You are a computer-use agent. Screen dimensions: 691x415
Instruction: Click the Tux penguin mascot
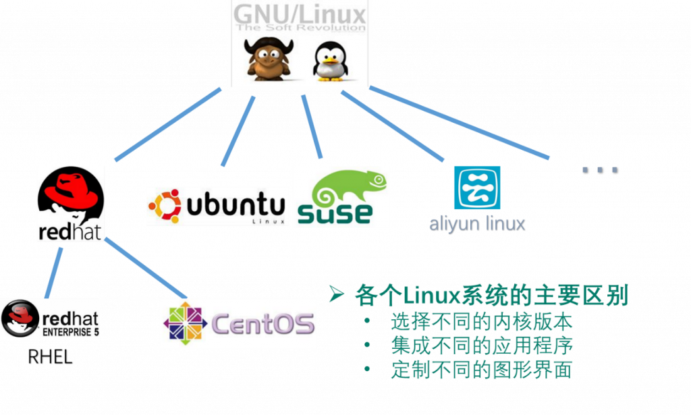coord(331,61)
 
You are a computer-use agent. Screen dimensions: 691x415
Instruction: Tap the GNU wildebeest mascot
coord(269,59)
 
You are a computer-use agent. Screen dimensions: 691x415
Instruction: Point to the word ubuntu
coord(236,204)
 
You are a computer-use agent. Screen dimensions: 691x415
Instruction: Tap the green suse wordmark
coord(335,214)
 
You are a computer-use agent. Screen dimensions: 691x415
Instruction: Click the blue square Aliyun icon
coord(477,187)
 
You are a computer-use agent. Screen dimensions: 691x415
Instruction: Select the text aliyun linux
coord(477,223)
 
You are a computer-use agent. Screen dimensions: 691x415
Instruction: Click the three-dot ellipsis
coord(600,170)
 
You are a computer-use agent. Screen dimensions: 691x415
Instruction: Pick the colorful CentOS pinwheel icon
coord(185,323)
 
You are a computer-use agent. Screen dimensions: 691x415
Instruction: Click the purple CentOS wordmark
coord(263,324)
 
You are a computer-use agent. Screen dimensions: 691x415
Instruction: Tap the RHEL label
coord(50,357)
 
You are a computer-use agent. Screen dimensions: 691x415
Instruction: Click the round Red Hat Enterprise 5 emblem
coord(20,319)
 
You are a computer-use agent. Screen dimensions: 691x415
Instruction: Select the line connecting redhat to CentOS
coord(146,268)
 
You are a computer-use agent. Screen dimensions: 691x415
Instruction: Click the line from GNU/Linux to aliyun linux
coord(392,126)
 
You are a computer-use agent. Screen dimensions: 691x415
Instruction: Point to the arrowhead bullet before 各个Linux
coord(336,294)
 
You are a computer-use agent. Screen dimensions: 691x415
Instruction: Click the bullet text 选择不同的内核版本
coord(482,322)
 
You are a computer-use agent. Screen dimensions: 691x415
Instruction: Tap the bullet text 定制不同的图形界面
coord(482,369)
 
